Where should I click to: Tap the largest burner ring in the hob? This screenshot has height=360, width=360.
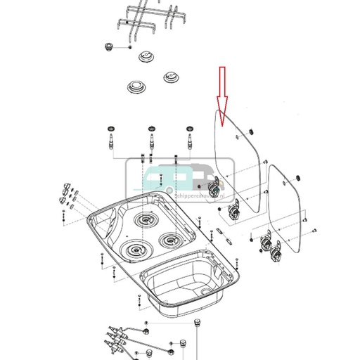135,249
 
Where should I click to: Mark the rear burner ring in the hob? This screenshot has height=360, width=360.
146,220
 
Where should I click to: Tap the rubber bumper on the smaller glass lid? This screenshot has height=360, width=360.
300,175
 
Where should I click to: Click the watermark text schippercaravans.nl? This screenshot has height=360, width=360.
205,198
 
